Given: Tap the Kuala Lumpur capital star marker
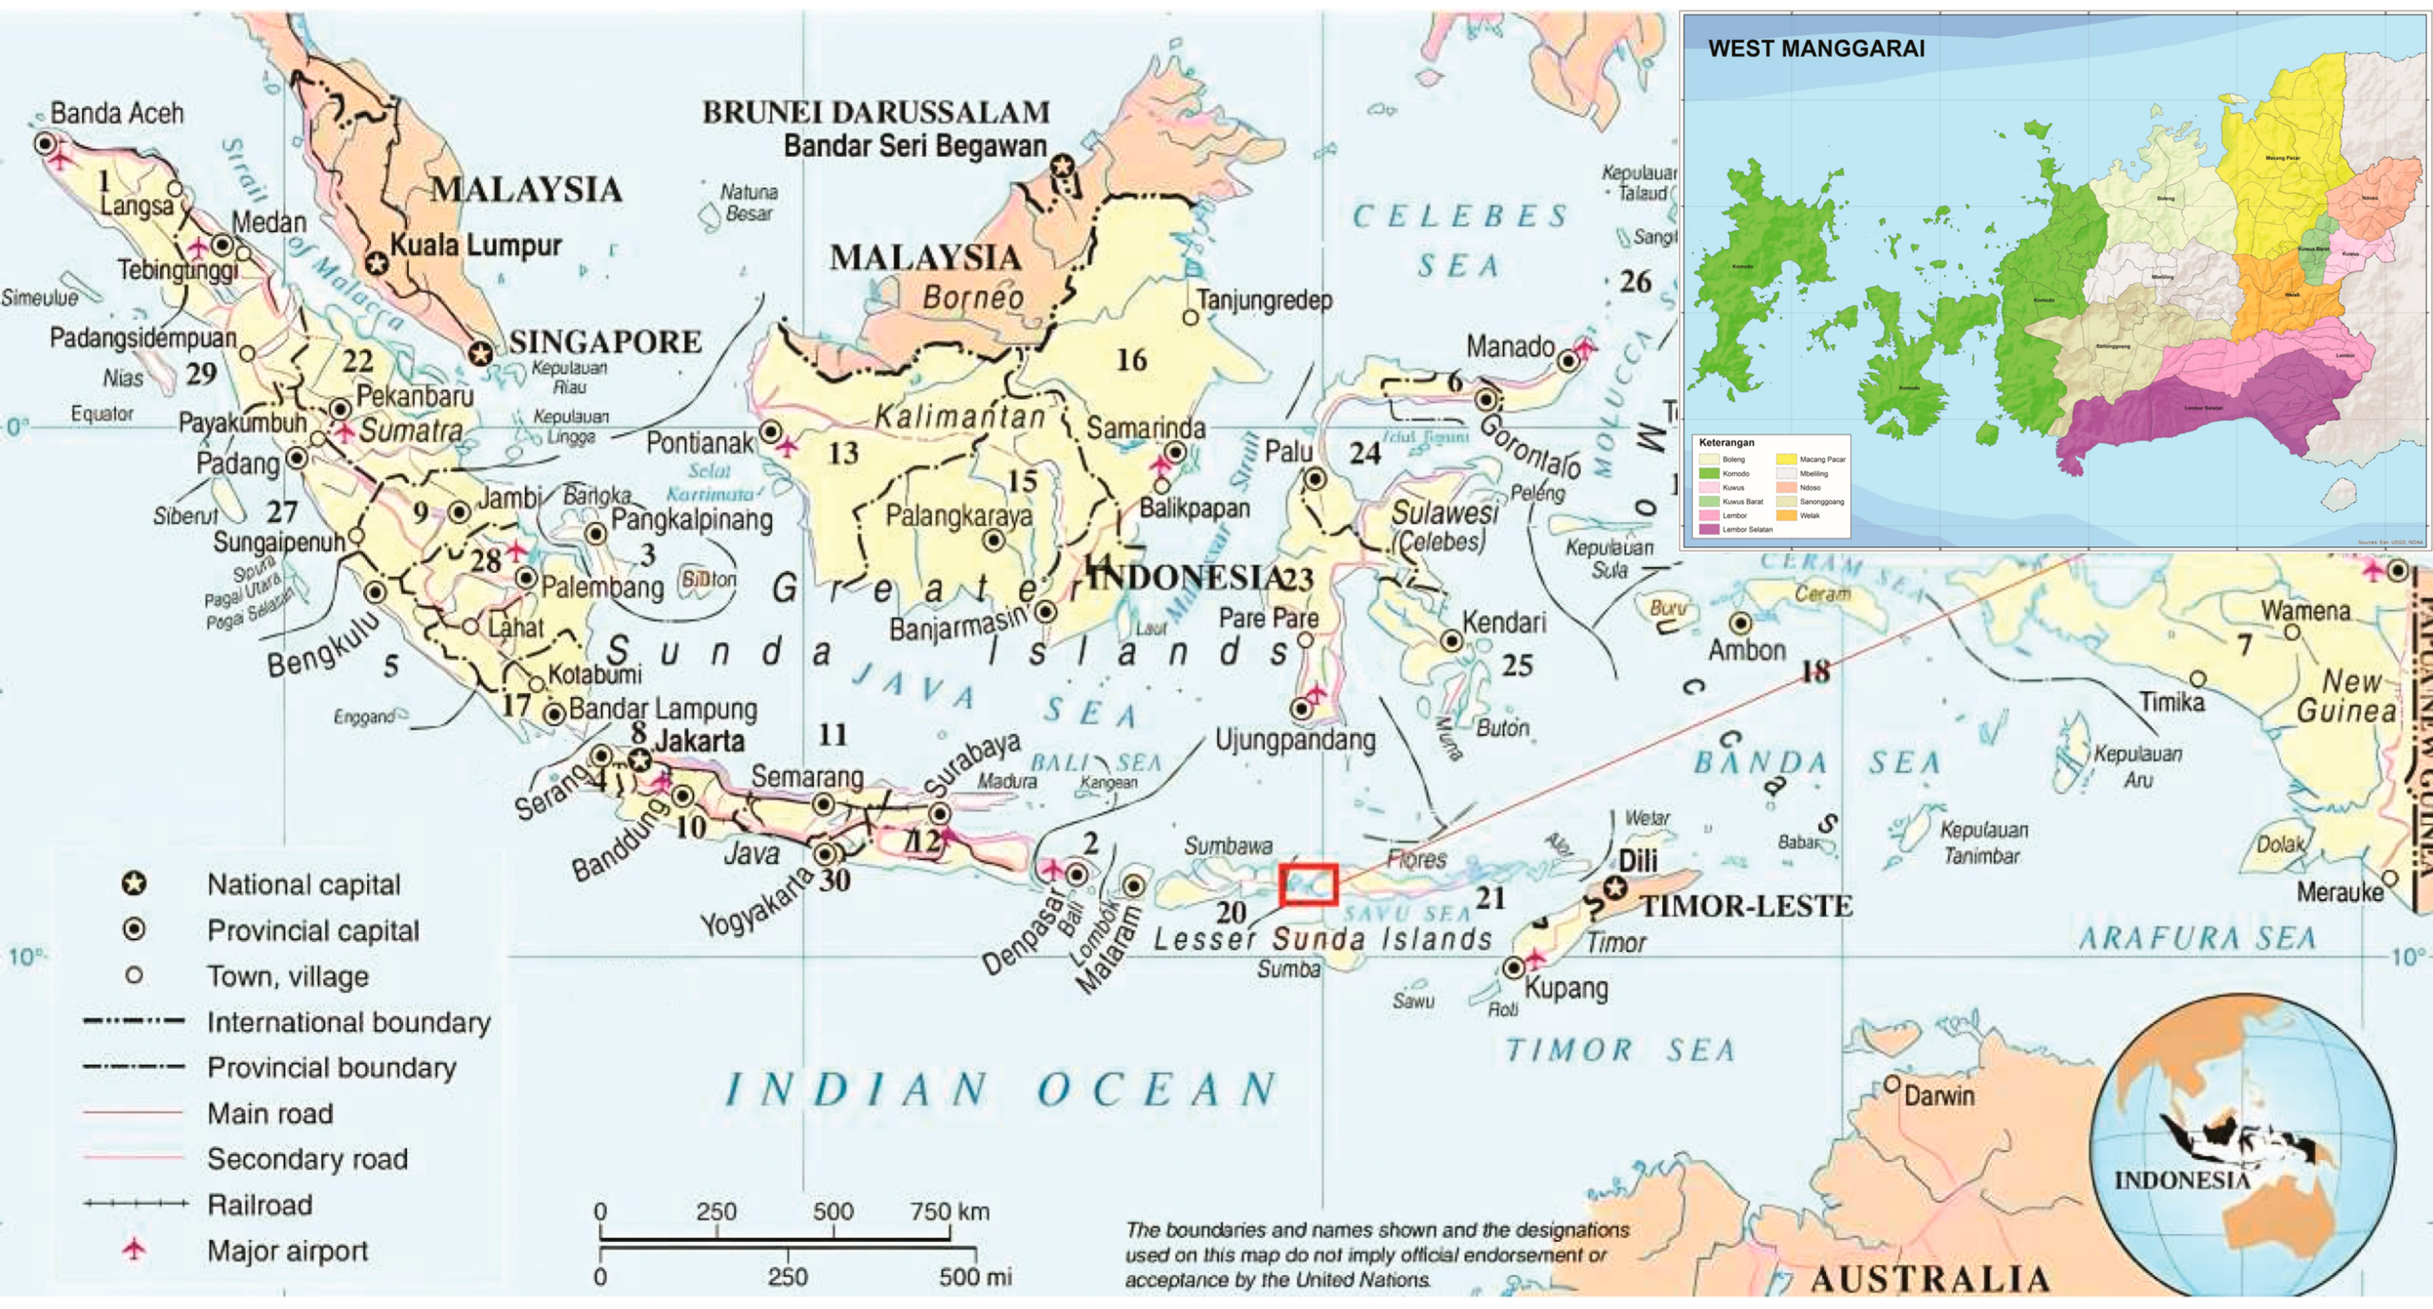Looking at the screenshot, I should point(377,263).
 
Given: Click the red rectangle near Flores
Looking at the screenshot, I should point(1308,885).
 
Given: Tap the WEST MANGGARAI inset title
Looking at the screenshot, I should point(1816,49).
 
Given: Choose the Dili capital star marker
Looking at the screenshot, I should point(1615,888).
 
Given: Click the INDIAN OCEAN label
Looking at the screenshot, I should point(1001,1090).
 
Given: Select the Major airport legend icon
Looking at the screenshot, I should point(134,1250).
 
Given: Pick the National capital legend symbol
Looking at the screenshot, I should point(134,884).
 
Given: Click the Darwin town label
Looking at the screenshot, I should point(1938,1095).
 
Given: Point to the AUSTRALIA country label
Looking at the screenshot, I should point(1931,1279).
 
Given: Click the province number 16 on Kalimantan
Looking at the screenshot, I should point(1130,360).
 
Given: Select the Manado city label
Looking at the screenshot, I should point(1509,347).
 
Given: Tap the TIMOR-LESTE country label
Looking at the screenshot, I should point(1746,907).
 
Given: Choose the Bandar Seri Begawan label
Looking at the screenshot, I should point(915,147).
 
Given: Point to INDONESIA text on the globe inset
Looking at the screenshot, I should point(2181,1180).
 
